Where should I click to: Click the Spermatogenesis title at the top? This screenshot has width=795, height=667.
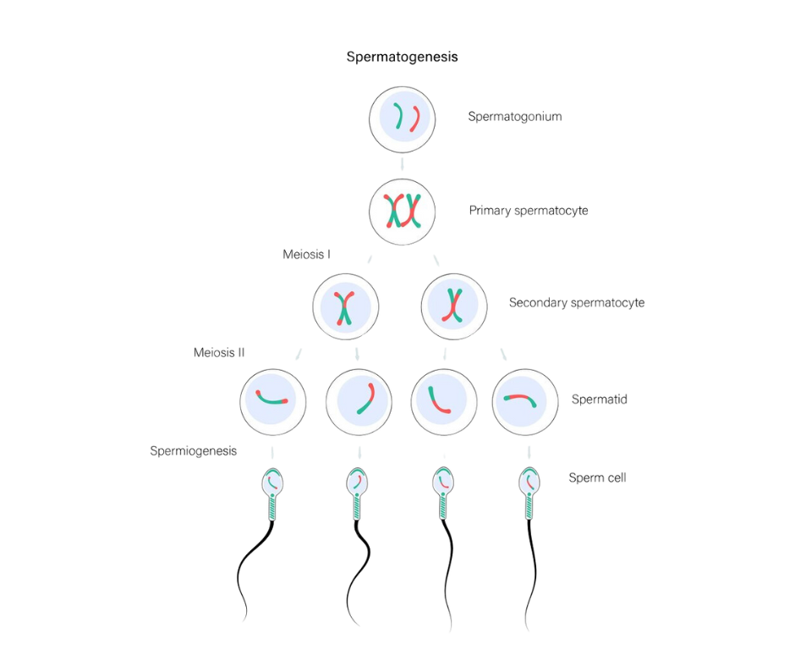[x=403, y=58]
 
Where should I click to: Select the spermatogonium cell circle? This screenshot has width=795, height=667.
[x=403, y=120]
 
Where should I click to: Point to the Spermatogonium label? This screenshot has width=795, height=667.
[x=515, y=120]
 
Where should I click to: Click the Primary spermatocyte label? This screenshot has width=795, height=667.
[x=529, y=210]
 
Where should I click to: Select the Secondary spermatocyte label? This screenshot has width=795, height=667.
[x=578, y=302]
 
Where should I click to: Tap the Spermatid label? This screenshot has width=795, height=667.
[x=599, y=398]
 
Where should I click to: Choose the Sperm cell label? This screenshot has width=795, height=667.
[x=596, y=478]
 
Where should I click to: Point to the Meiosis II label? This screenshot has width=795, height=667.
[x=220, y=352]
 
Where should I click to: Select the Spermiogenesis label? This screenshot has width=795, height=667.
[x=194, y=451]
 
